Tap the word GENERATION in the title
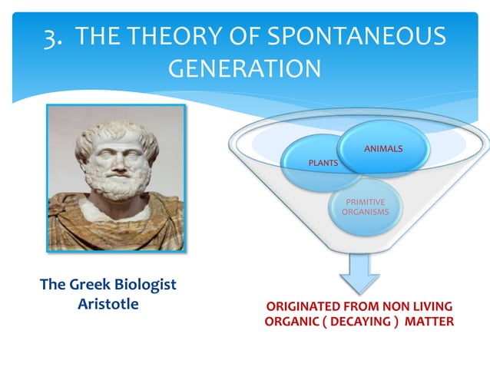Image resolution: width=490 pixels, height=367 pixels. click(x=244, y=69)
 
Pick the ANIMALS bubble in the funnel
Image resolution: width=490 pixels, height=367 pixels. click(x=383, y=147)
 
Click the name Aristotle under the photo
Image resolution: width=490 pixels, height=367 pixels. click(x=108, y=303)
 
